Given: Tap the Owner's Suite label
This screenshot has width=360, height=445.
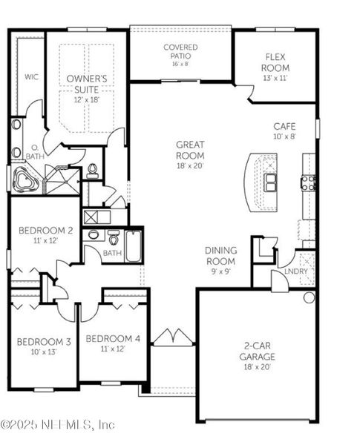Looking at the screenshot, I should tap(87, 82).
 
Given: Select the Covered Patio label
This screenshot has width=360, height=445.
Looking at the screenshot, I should tap(180, 51).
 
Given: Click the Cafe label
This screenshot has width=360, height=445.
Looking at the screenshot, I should tap(284, 127).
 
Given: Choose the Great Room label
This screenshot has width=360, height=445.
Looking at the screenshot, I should tap(190, 150).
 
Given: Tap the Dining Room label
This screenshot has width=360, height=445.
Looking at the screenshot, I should tap(220, 256).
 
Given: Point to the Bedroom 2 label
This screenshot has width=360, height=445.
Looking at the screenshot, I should tap(45, 231).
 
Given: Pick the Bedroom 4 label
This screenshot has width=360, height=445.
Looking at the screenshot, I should tap(112, 338).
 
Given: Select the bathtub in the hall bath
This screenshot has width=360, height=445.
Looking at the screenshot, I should tap(134, 246).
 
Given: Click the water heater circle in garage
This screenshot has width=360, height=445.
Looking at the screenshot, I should tap(309, 297).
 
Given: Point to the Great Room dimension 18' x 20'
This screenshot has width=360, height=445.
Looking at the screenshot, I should tap(190, 167).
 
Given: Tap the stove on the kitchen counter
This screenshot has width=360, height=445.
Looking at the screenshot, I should tap(308, 181).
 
